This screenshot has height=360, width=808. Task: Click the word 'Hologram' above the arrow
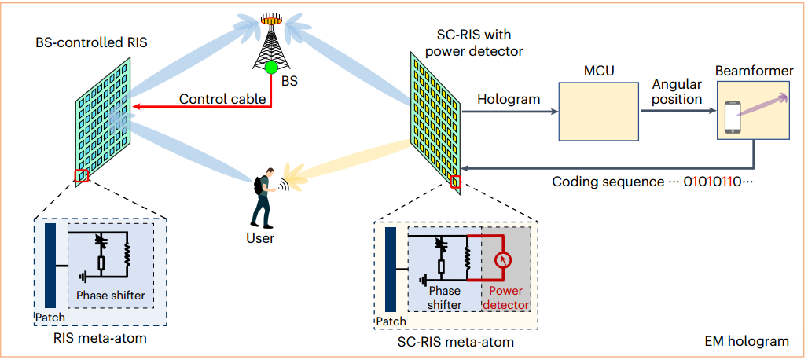pyautogui.click(x=509, y=99)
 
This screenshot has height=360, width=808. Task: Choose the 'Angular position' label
pyautogui.click(x=677, y=92)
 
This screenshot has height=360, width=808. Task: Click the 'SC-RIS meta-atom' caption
pyautogui.click(x=457, y=342)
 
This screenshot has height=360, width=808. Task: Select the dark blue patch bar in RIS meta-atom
pyautogui.click(x=51, y=265)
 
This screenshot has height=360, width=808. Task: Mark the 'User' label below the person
pyautogui.click(x=259, y=237)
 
